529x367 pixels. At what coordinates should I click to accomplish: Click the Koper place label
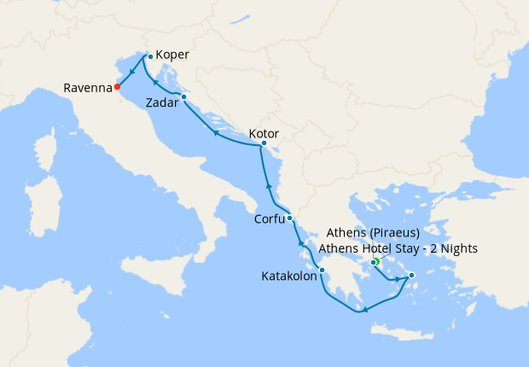[172, 55]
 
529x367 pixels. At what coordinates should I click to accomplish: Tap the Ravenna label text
[88, 87]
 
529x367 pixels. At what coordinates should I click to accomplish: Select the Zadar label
[162, 102]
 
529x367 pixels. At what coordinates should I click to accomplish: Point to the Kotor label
[264, 134]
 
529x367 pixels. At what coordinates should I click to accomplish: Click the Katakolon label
[289, 277]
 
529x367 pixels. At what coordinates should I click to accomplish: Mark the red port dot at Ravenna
[117, 87]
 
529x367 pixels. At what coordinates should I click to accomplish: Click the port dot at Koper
[150, 56]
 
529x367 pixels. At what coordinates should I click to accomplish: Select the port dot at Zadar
[184, 97]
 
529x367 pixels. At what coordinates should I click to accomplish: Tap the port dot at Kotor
[263, 147]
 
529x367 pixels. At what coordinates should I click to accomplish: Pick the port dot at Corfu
[290, 218]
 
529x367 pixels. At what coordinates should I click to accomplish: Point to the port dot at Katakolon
[322, 271]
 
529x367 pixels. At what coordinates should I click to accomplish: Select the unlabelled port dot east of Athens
[411, 275]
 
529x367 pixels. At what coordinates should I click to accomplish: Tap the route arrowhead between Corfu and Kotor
[269, 185]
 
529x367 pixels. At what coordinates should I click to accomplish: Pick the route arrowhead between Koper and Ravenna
[133, 72]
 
